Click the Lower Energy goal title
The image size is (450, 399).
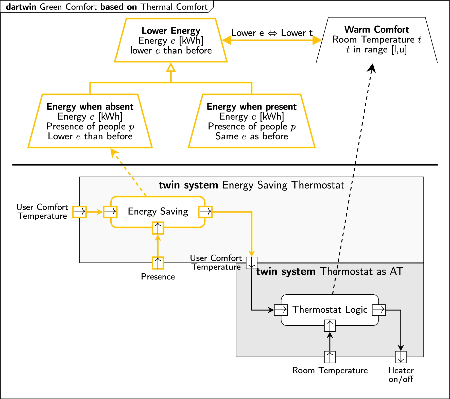pyautogui.click(x=171, y=31)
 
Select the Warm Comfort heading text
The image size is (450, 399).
pyautogui.click(x=376, y=30)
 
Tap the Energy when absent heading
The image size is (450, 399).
pyautogui.click(x=90, y=106)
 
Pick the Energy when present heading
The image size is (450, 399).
pyautogui.click(x=251, y=106)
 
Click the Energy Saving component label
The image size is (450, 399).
pyautogui.click(x=158, y=211)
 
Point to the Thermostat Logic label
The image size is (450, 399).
pyautogui.click(x=330, y=310)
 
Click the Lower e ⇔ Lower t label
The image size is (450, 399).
pyautogui.click(x=272, y=33)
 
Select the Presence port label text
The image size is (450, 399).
pyautogui.click(x=158, y=277)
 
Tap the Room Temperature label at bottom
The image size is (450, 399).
pyautogui.click(x=330, y=370)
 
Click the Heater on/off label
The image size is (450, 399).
pyautogui.click(x=401, y=375)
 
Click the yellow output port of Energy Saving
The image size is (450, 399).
pyautogui.click(x=205, y=212)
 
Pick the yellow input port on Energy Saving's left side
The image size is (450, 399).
pyautogui.click(x=110, y=212)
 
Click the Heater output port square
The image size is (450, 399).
pyautogui.click(x=401, y=357)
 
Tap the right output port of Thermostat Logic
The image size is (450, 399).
pyautogui.click(x=379, y=310)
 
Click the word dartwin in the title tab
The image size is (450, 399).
pyautogui.click(x=21, y=7)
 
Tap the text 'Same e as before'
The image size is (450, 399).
pyautogui.click(x=251, y=137)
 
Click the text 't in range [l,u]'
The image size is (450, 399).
pyautogui.click(x=376, y=50)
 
